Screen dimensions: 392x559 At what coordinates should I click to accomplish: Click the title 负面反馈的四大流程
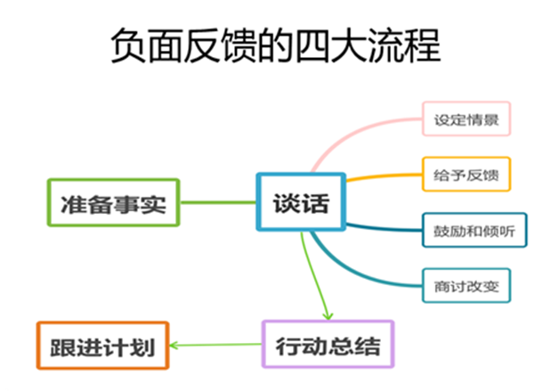[x=275, y=45]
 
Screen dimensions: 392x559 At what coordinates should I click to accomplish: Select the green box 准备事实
[x=113, y=202]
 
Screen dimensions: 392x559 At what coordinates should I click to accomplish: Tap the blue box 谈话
[x=301, y=202]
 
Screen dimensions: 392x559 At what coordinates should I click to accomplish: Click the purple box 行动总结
[x=327, y=343]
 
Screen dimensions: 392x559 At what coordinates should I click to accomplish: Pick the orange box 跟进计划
[x=103, y=345]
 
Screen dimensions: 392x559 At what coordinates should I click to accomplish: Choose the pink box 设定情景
[x=466, y=118]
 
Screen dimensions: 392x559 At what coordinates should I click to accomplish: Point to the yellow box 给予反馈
[x=466, y=175]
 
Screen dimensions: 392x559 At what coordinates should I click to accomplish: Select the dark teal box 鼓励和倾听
[x=474, y=231]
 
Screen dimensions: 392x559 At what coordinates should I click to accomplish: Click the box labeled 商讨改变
[x=466, y=285]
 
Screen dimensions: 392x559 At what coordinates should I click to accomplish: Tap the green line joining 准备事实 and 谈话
[x=217, y=202]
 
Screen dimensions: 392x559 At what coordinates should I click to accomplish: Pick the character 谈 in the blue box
[x=287, y=202]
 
